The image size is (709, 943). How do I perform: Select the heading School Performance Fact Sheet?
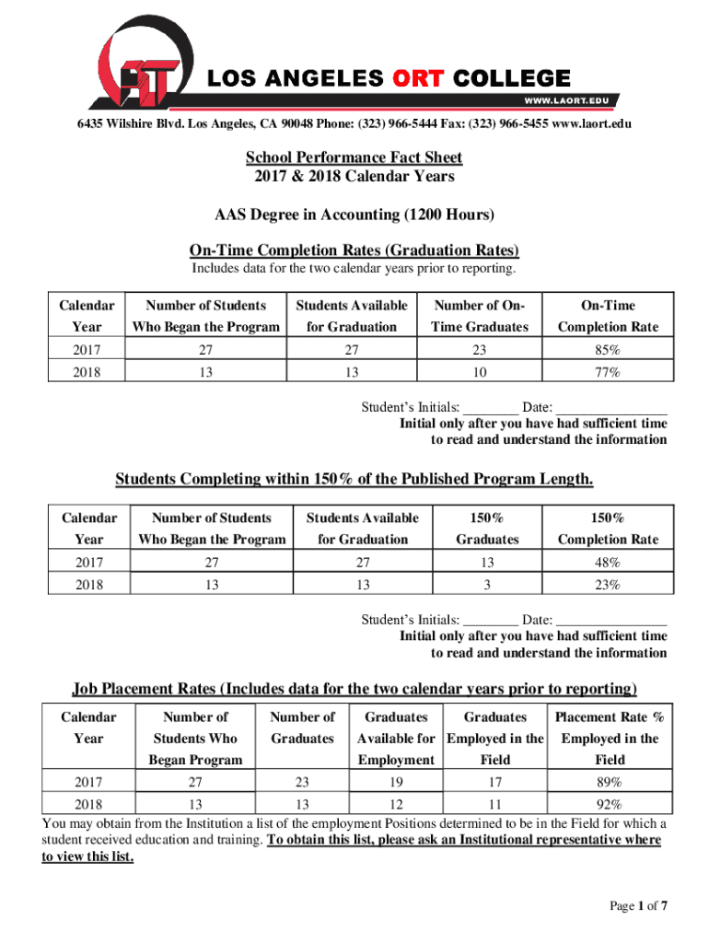pyautogui.click(x=354, y=157)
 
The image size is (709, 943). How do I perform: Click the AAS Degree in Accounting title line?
pyautogui.click(x=354, y=215)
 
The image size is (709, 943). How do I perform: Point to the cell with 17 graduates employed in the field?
pyautogui.click(x=494, y=782)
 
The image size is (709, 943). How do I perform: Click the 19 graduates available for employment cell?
pyautogui.click(x=396, y=782)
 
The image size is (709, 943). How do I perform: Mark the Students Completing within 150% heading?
pyautogui.click(x=354, y=479)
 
